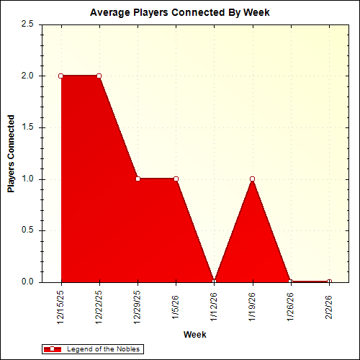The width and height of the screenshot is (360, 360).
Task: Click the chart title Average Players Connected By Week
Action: click(x=179, y=13)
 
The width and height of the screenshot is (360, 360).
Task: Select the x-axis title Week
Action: click(x=194, y=335)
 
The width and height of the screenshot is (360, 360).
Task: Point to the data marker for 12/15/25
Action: click(x=61, y=76)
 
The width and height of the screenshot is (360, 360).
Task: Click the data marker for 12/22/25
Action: click(x=99, y=76)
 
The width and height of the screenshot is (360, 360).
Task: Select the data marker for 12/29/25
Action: click(x=138, y=179)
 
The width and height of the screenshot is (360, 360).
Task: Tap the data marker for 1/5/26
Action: click(x=176, y=179)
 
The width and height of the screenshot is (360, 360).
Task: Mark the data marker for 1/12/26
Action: click(x=214, y=282)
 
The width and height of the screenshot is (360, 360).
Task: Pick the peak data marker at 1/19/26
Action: click(x=252, y=179)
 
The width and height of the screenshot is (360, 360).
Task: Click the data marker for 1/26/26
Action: click(x=291, y=282)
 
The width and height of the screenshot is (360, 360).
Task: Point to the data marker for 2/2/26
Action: click(x=329, y=282)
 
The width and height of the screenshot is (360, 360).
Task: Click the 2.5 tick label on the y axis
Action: click(x=28, y=24)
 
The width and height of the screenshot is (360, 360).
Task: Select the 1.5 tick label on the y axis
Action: click(x=28, y=127)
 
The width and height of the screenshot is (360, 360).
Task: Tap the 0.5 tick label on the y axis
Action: click(x=28, y=230)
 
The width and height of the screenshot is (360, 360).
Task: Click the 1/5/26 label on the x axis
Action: click(x=176, y=302)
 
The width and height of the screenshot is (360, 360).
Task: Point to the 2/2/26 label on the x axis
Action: click(x=329, y=302)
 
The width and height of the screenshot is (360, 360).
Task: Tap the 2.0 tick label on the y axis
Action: click(x=28, y=76)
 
